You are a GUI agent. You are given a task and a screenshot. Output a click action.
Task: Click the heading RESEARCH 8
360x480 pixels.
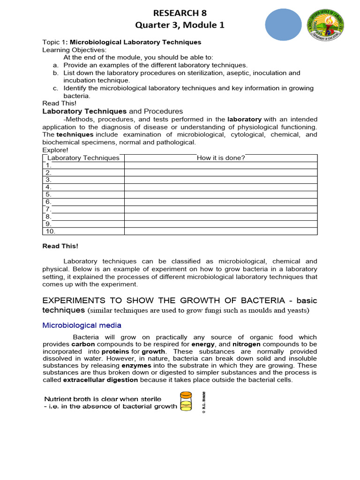click(180, 13)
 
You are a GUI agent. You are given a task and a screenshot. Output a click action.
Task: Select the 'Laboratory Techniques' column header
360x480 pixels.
click(83, 158)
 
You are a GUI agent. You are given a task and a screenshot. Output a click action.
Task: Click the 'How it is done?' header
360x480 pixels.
click(221, 158)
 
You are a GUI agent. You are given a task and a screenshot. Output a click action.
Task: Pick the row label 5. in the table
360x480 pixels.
click(49, 195)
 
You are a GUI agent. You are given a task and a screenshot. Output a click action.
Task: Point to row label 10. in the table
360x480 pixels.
click(51, 231)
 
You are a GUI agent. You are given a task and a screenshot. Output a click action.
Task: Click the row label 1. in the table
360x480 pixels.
click(49, 165)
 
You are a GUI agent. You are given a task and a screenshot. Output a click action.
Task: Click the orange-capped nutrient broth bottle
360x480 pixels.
click(186, 401)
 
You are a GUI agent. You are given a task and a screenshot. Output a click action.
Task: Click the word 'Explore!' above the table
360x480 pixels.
click(55, 150)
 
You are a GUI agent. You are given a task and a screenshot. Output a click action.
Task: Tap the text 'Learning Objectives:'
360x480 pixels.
click(75, 50)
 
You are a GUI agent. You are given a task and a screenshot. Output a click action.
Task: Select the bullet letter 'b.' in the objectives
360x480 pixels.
click(55, 73)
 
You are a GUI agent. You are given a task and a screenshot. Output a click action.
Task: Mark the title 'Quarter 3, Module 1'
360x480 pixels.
click(180, 25)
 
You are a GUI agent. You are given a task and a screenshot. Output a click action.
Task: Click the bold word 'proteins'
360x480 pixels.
click(115, 352)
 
